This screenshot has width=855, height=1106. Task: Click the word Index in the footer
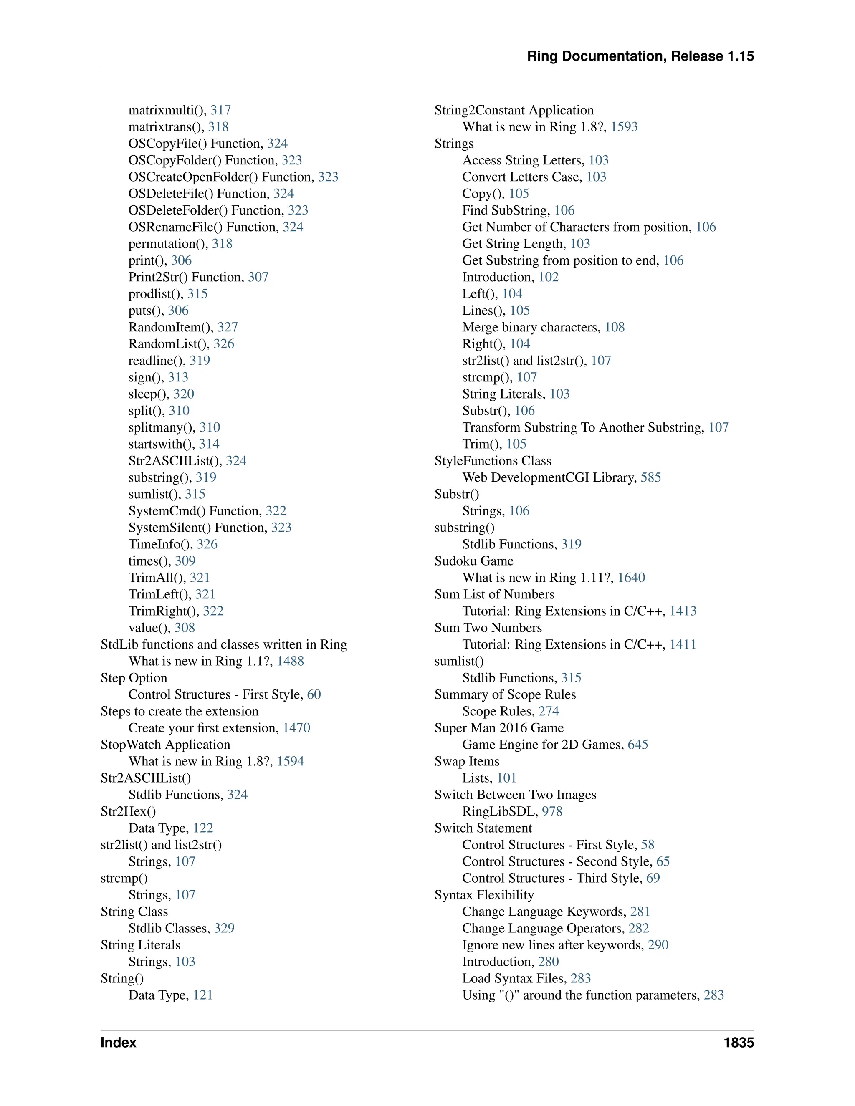[118, 1042]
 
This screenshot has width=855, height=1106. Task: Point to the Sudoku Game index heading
[473, 561]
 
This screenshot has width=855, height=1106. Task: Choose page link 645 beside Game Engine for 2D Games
[638, 745]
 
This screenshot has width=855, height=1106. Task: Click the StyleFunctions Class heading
[492, 460]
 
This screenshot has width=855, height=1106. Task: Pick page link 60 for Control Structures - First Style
[314, 694]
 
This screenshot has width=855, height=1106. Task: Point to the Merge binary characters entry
[531, 327]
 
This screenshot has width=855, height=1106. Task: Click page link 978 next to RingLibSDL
[551, 811]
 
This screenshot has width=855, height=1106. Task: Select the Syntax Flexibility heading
[484, 895]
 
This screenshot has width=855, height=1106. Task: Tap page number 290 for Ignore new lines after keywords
[658, 945]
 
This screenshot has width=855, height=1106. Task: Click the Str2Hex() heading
[128, 811]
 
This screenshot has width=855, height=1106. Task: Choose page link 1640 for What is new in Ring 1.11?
[631, 577]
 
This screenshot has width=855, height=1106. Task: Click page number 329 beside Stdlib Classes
[224, 928]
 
